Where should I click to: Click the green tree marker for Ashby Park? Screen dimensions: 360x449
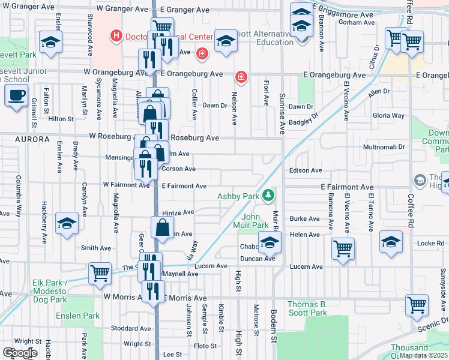tap(270, 195)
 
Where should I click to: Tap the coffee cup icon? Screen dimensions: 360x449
tap(16, 95)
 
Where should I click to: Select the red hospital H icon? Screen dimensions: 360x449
tap(116, 37)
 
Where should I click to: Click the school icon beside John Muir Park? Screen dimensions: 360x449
tap(270, 242)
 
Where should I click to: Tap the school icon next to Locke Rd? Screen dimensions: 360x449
tap(391, 241)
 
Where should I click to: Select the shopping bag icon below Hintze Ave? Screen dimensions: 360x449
tap(163, 228)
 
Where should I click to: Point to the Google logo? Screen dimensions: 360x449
tap(20, 353)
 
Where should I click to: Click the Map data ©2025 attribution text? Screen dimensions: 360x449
tap(424, 355)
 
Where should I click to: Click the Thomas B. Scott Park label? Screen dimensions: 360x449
tap(307, 308)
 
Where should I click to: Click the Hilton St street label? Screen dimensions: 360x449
tap(61, 119)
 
